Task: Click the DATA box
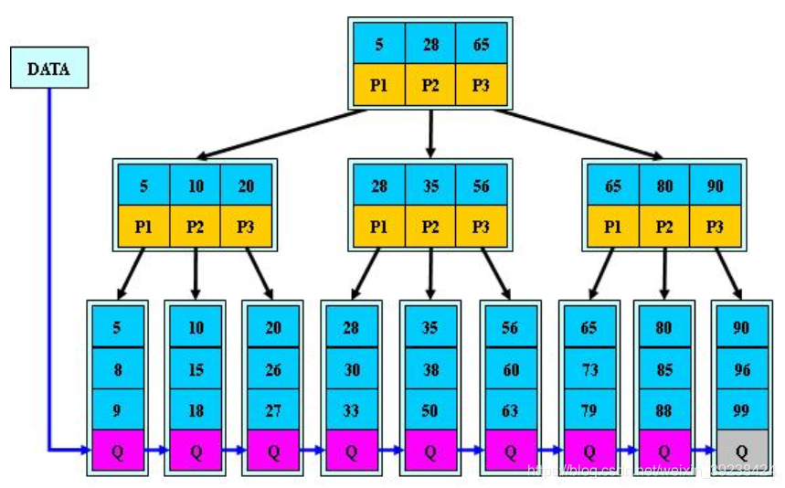49,68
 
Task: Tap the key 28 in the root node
430,43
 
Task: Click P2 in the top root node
430,85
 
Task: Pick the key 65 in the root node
481,43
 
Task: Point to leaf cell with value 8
117,368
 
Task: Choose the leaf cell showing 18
196,409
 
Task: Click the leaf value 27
273,409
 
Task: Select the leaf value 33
351,409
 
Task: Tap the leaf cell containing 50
430,409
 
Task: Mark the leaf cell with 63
509,409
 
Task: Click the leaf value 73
588,368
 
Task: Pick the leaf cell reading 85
663,368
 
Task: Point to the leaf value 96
741,368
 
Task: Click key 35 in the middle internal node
430,186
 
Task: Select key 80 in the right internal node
663,186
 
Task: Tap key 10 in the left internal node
196,186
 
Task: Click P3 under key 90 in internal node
715,227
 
